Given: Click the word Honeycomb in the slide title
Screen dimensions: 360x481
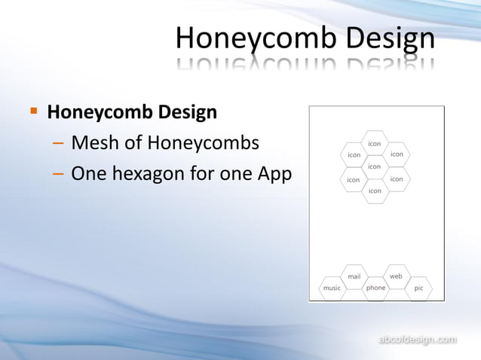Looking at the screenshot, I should (256, 38).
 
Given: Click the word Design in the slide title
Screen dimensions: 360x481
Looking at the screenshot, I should (390, 38).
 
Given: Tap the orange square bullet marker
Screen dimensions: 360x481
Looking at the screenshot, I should (33, 111).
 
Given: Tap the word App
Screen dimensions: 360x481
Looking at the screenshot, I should (274, 174).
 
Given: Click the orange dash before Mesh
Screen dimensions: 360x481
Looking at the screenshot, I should (59, 143).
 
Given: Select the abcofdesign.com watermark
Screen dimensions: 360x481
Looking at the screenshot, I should (416, 340).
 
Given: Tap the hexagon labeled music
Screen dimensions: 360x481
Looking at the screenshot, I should (332, 288).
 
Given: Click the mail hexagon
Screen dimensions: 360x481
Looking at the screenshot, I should (354, 276).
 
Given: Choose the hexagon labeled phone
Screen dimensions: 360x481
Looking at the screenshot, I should (375, 288).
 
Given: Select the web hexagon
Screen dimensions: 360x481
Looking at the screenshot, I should (397, 276).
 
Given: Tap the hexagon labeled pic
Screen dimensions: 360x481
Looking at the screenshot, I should (418, 288).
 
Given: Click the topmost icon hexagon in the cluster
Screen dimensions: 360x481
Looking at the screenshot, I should (375, 143).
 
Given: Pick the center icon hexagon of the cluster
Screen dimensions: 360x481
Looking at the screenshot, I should (375, 166).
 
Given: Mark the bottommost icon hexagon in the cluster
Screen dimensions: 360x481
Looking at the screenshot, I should (375, 191).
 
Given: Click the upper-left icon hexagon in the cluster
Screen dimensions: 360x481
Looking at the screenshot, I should (353, 155).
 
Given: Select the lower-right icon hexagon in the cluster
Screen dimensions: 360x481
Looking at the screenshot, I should (397, 179).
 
